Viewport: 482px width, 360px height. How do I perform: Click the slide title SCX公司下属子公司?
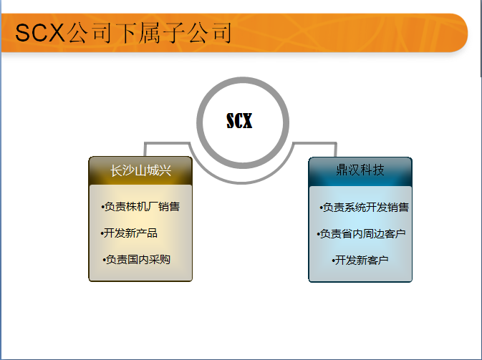123,33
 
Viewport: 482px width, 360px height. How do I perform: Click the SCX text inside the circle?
239,120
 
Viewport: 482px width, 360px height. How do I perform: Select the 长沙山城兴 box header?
140,170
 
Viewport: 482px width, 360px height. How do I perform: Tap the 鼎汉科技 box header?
360,171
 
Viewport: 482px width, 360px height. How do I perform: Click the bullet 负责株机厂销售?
140,206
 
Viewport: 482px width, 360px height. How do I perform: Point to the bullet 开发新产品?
129,233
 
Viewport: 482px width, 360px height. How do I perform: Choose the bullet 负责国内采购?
137,260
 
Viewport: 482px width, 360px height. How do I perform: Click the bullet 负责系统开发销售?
365,208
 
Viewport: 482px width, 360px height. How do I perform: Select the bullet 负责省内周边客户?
361,234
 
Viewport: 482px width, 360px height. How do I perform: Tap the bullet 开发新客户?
360,261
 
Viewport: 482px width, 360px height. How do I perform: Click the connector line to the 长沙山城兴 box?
166,143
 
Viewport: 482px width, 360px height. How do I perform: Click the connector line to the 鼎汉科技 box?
314,143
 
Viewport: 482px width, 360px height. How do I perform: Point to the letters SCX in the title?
40,33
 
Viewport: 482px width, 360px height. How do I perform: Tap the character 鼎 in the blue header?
342,170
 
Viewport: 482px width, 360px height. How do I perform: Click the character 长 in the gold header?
116,171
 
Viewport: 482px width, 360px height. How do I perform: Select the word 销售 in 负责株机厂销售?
169,206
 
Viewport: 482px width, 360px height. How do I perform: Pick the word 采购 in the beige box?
160,260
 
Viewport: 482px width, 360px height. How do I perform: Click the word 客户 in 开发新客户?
377,261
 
